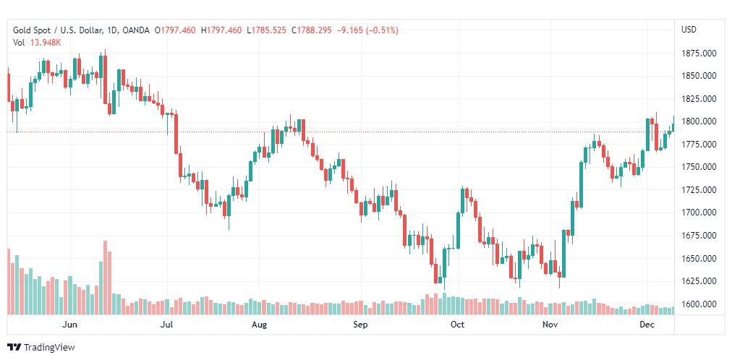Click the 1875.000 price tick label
coord(699,53)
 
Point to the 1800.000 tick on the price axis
coord(699,121)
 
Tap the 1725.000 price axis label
coord(699,190)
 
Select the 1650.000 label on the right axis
coord(699,259)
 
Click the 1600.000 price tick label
coord(699,304)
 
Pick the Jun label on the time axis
coord(70,325)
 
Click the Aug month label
coord(260,325)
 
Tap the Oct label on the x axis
coord(456,325)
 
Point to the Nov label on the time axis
coord(551,325)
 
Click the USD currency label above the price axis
coord(689,30)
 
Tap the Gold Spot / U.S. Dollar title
coord(61,30)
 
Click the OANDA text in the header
coord(137,30)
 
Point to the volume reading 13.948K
coord(45,42)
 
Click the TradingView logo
coord(41,348)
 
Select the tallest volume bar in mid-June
coord(105,278)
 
